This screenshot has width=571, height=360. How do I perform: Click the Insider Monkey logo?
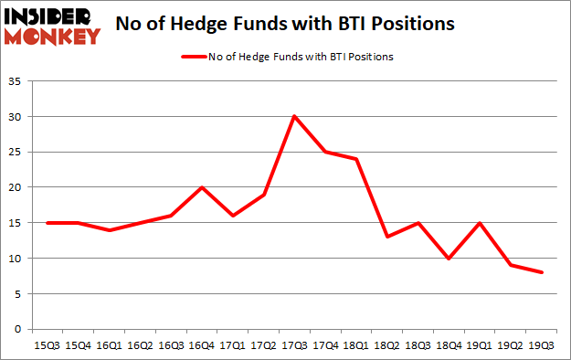(53, 26)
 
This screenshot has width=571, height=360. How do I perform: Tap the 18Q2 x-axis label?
(389, 345)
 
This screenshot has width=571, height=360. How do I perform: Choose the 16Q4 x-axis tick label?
(201, 345)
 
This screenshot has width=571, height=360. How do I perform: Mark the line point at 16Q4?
(201, 187)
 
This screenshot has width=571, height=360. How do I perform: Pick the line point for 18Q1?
(357, 159)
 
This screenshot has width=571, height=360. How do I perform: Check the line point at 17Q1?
(232, 216)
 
